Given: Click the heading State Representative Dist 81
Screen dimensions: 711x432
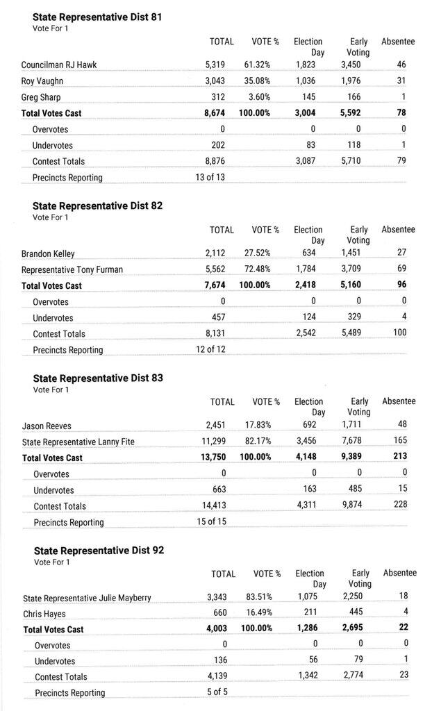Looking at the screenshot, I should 97,17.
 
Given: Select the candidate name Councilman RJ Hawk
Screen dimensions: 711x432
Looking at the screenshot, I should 59,65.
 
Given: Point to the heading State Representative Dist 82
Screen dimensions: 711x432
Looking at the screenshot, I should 98,206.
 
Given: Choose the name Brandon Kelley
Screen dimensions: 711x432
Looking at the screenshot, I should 48,253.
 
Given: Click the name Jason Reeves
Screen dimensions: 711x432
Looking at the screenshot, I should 47,426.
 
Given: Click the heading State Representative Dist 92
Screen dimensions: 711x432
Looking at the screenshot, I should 99,551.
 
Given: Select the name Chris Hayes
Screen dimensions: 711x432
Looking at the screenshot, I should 44,613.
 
